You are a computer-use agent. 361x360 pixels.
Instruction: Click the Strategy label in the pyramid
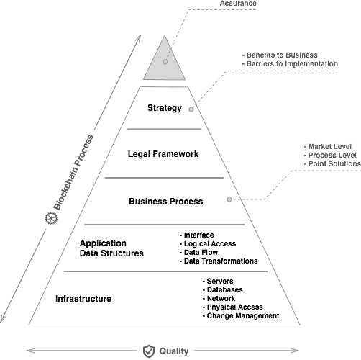pyautogui.click(x=165, y=108)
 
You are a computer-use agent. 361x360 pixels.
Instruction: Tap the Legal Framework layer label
pyautogui.click(x=163, y=154)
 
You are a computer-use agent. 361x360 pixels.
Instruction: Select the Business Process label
pyautogui.click(x=166, y=201)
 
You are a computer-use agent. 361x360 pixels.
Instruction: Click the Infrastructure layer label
pyautogui.click(x=83, y=299)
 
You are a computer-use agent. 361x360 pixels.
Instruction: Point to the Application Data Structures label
pyautogui.click(x=111, y=248)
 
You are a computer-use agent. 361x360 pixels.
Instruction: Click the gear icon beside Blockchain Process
pyautogui.click(x=51, y=218)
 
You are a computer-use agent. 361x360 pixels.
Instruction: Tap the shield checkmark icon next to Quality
pyautogui.click(x=149, y=351)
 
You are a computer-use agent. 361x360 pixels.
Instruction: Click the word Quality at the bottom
pyautogui.click(x=174, y=351)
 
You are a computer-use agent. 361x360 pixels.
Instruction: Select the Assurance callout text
pyautogui.click(x=238, y=4)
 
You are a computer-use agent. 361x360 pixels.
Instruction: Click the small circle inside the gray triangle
pyautogui.click(x=165, y=62)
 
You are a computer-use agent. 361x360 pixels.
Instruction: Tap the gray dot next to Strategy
pyautogui.click(x=191, y=109)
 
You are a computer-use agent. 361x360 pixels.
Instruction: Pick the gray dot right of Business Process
pyautogui.click(x=229, y=199)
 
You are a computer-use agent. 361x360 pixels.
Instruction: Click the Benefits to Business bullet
pyautogui.click(x=280, y=55)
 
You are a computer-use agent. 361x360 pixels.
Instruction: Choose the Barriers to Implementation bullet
pyautogui.click(x=290, y=63)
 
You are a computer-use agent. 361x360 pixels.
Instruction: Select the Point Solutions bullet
pyautogui.click(x=332, y=163)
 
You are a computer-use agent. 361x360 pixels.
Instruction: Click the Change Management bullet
pyautogui.click(x=241, y=315)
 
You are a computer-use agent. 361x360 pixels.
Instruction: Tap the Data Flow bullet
pyautogui.click(x=198, y=252)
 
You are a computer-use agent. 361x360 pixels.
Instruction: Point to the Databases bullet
pyautogui.click(x=222, y=289)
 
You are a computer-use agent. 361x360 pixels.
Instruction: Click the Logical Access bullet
pyautogui.click(x=208, y=244)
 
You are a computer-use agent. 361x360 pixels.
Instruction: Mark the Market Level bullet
pyautogui.click(x=328, y=146)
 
